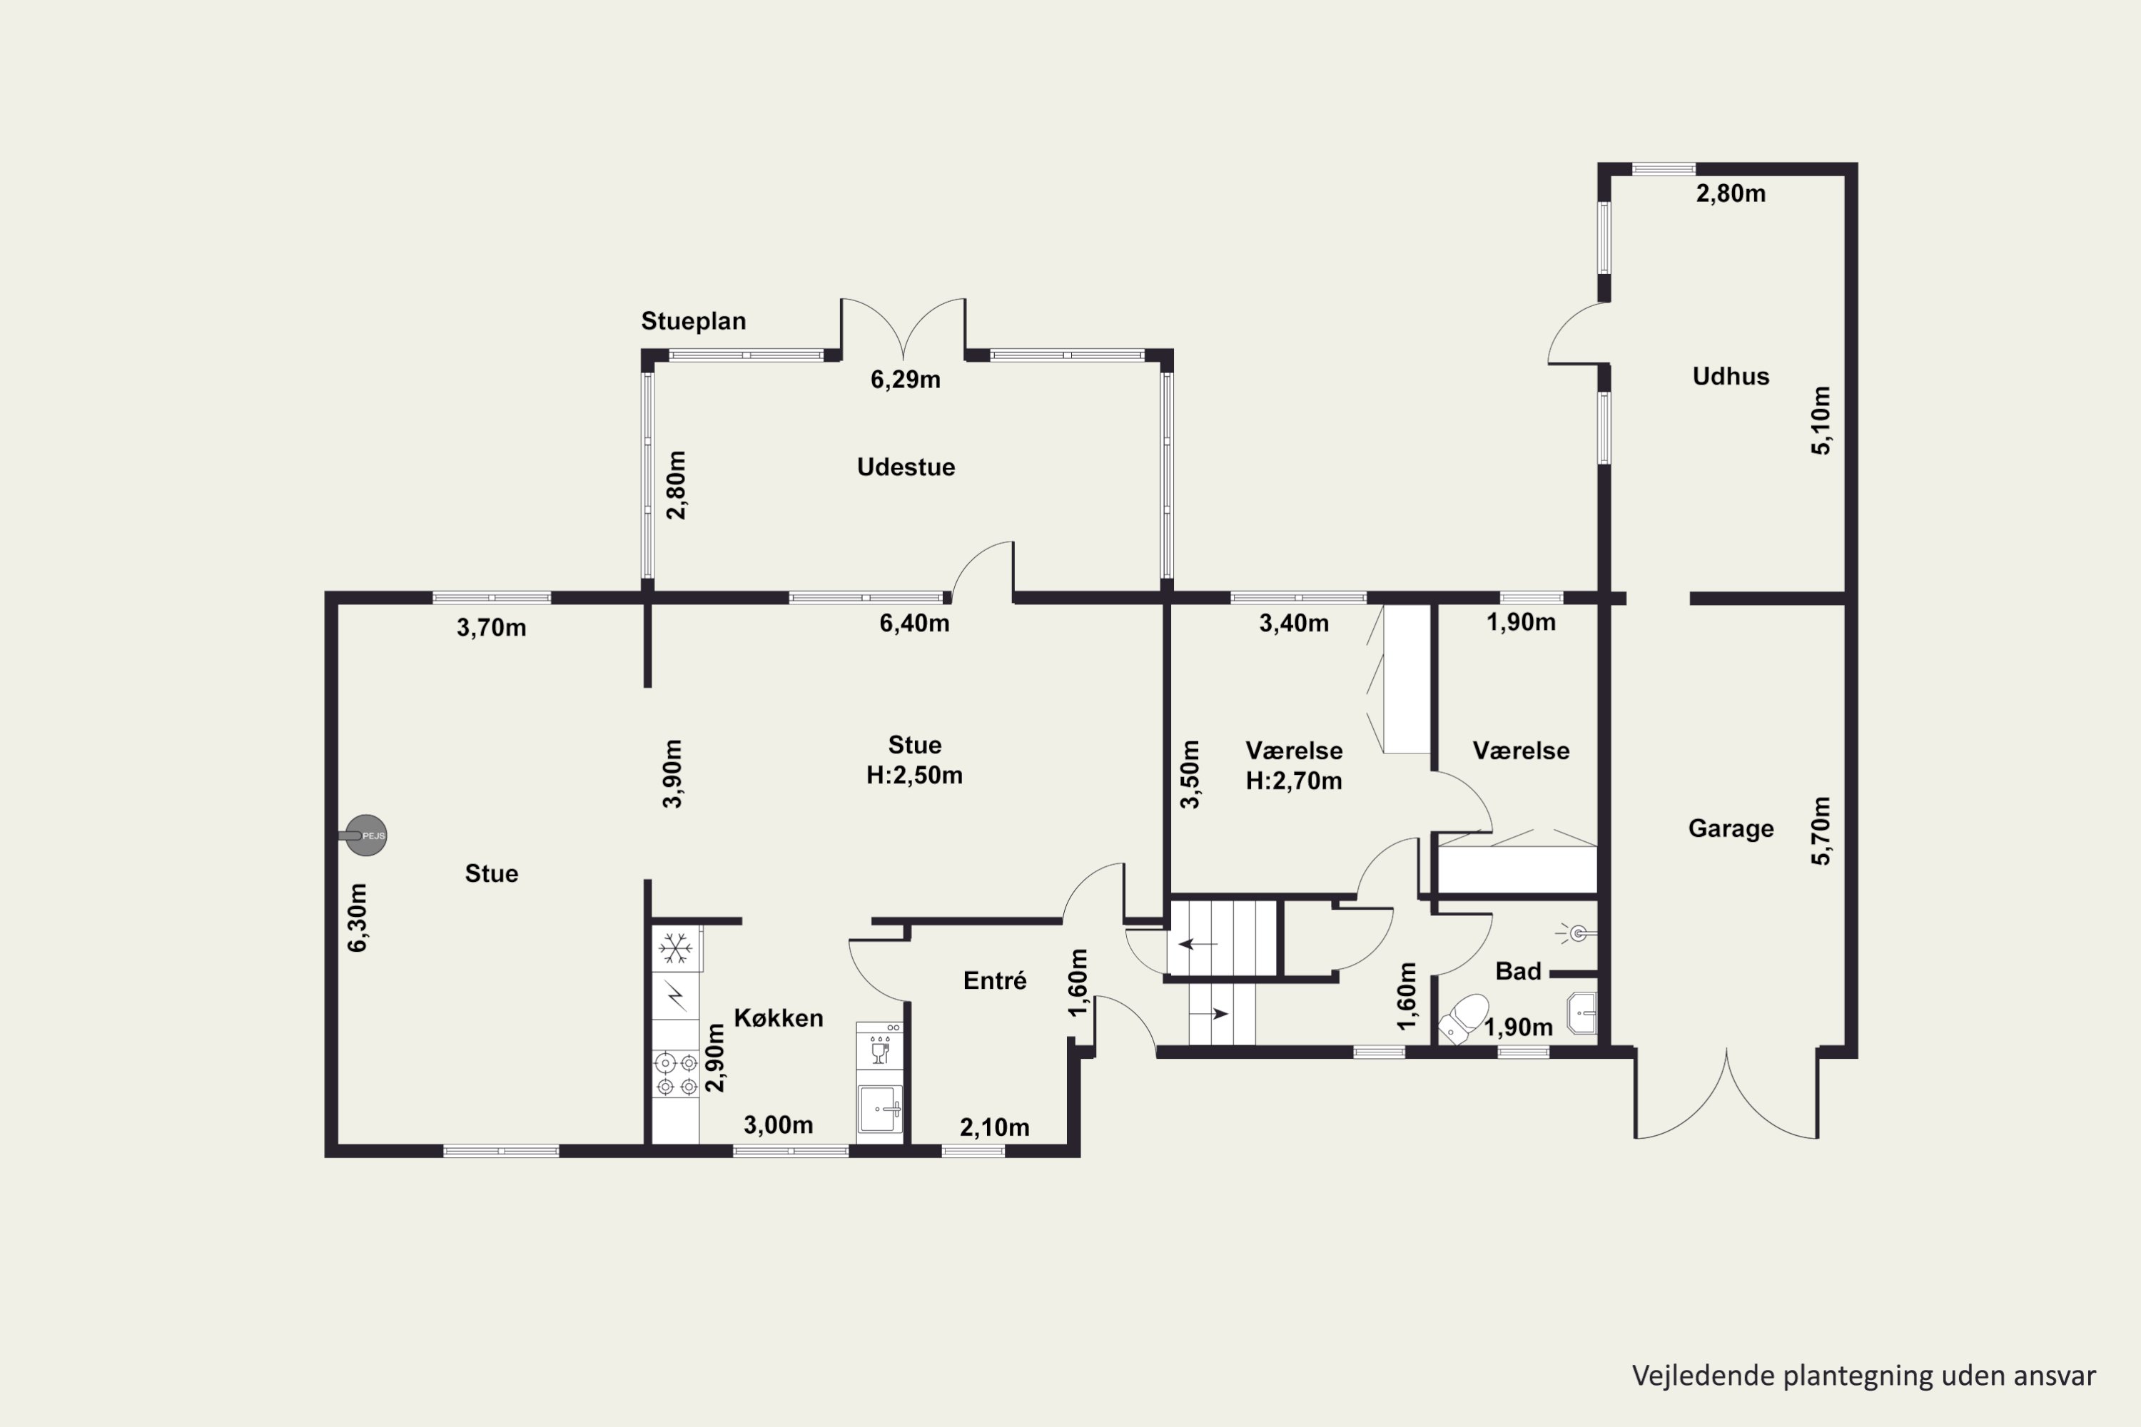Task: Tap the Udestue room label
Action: [x=906, y=467]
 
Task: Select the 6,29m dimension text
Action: [x=905, y=380]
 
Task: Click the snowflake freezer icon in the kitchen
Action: [x=675, y=948]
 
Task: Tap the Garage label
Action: [x=1731, y=828]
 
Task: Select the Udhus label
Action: [x=1731, y=376]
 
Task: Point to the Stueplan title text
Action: [x=694, y=321]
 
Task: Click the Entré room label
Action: [x=995, y=980]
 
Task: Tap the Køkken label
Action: [x=779, y=1017]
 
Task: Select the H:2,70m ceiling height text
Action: [x=1293, y=781]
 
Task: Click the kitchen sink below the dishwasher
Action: [x=880, y=1109]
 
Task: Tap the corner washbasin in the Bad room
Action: [x=1583, y=1013]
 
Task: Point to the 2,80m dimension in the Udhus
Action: [x=1731, y=194]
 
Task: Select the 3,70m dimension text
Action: [x=492, y=627]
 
